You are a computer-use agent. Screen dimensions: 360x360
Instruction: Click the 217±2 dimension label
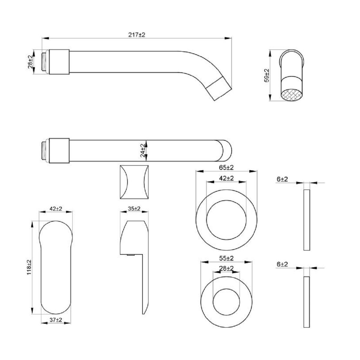(x=136, y=35)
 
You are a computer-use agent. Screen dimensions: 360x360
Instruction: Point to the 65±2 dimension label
(x=226, y=167)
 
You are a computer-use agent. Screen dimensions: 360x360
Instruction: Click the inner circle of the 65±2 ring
(x=226, y=220)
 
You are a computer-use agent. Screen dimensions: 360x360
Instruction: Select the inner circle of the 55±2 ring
(x=226, y=302)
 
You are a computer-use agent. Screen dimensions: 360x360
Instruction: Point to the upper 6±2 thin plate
(x=307, y=220)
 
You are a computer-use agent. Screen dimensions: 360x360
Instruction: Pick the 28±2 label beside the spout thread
(x=30, y=62)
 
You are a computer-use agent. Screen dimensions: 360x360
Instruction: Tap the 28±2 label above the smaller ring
(x=226, y=268)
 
